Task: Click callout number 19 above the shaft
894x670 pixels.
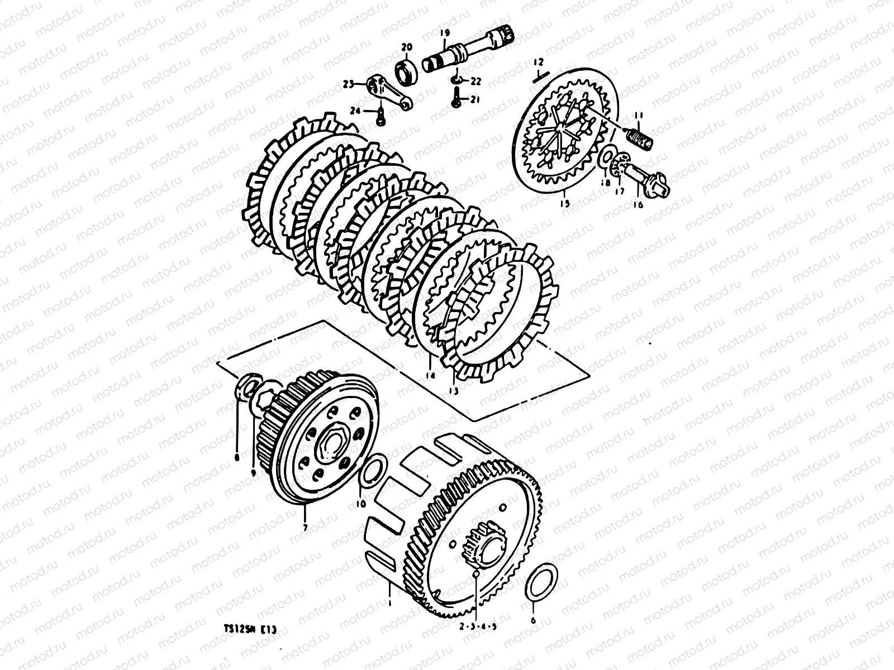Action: coord(445,33)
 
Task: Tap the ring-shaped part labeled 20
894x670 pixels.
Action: coord(407,72)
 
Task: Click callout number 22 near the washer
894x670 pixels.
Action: coord(475,82)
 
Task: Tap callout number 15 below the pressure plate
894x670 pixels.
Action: coord(565,204)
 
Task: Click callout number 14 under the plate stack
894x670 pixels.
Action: coord(429,376)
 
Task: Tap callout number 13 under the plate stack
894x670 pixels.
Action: coord(453,390)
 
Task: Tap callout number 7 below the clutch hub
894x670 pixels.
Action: coord(305,527)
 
